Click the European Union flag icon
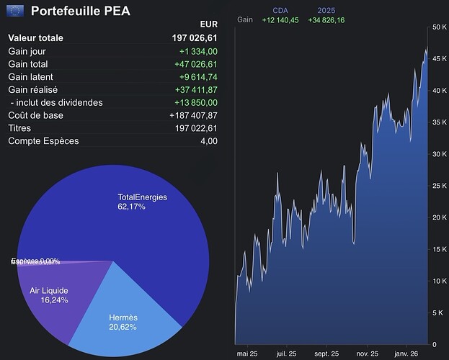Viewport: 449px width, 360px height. point(14,11)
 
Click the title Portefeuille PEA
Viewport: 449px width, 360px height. point(81,11)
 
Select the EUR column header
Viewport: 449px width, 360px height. point(208,24)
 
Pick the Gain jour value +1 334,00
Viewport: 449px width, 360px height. point(198,51)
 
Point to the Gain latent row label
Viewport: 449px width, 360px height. point(30,77)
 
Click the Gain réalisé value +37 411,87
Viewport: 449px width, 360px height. point(196,90)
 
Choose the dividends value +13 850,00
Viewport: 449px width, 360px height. point(196,103)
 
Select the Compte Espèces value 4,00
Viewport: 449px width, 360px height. point(208,141)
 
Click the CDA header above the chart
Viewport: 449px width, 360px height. point(280,10)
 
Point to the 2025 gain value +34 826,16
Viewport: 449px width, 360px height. point(326,19)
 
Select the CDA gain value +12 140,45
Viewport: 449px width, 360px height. point(280,19)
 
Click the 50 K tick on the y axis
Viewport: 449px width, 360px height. point(439,27)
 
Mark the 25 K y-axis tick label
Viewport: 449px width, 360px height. point(439,186)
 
